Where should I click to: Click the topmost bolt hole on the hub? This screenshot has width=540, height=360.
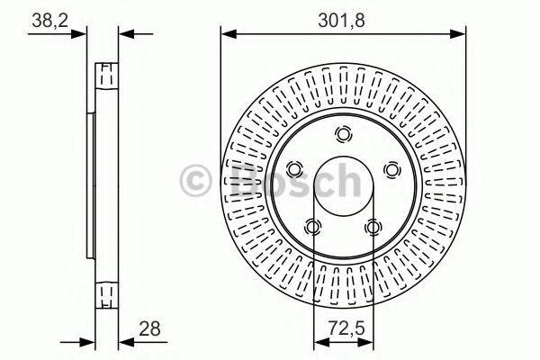tap(343, 135)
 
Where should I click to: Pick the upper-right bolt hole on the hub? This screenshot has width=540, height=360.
tap(391, 169)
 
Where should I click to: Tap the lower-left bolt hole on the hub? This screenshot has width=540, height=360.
tap(312, 227)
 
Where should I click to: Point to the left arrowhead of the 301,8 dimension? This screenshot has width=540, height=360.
tap(227, 35)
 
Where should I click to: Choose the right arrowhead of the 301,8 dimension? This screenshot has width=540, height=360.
tap(460, 35)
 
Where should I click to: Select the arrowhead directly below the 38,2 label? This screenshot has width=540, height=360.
tap(86, 35)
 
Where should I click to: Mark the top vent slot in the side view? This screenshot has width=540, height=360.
tap(106, 71)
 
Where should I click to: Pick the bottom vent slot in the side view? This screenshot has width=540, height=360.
tap(106, 293)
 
